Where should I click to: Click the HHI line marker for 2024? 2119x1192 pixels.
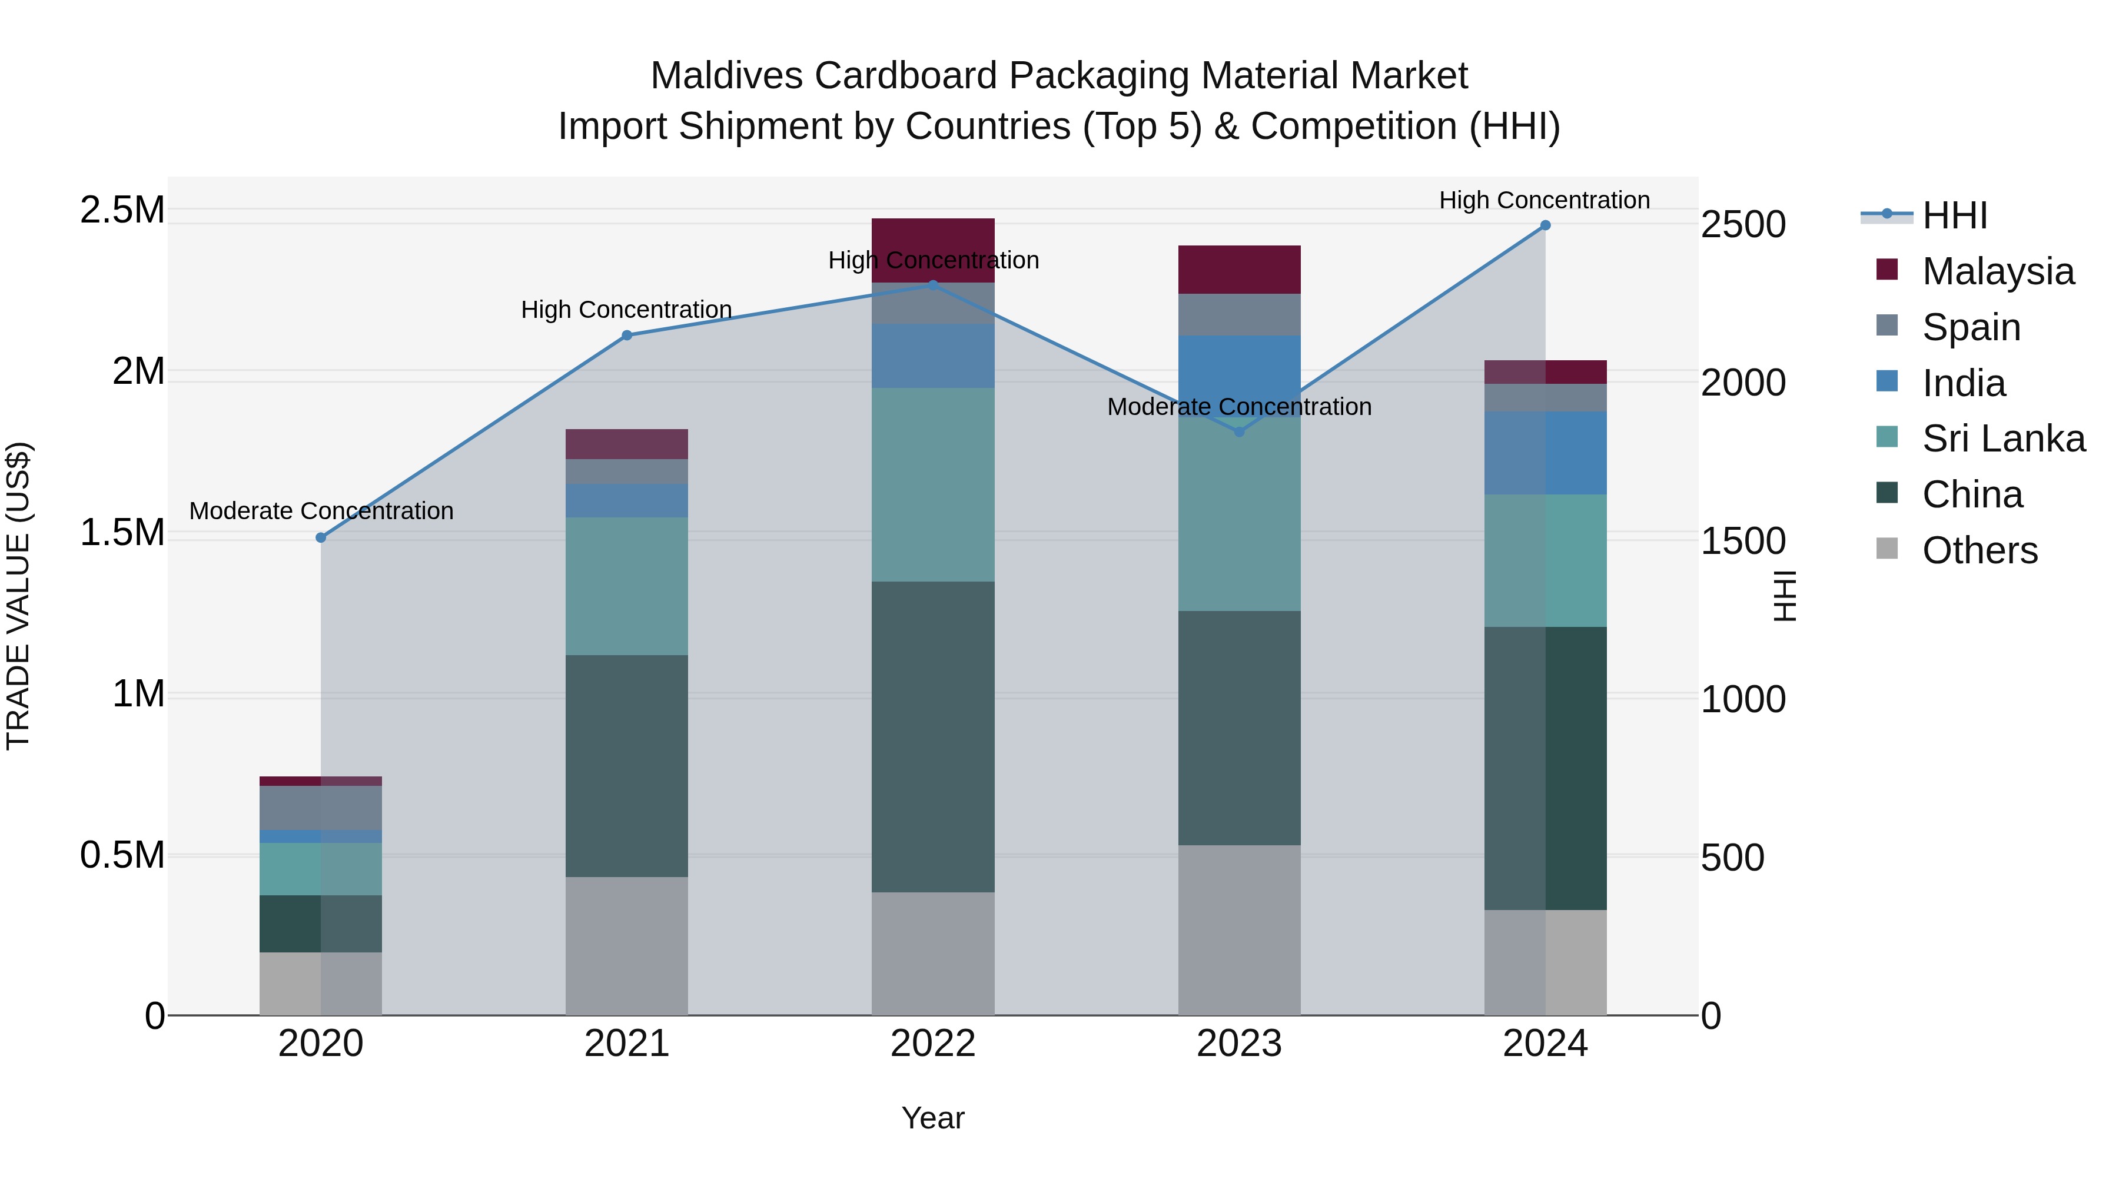(1545, 225)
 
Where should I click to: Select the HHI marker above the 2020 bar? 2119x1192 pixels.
(321, 538)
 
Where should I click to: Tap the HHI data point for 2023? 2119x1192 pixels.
(1240, 432)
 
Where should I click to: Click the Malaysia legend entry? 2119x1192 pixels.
(1997, 271)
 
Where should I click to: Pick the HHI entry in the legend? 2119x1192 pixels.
(1954, 215)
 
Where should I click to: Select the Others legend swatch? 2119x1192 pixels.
(1887, 549)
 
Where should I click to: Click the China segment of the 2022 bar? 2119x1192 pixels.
(933, 736)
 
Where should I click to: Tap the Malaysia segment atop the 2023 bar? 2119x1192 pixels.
(1239, 269)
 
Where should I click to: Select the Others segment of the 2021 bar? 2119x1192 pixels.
(627, 946)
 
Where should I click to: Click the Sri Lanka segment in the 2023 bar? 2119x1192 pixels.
(1239, 514)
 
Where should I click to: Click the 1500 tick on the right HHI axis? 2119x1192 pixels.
(1743, 542)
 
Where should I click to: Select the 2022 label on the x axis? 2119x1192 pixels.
(933, 1044)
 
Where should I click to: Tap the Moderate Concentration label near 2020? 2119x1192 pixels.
(321, 511)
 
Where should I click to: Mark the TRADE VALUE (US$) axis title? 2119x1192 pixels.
(18, 596)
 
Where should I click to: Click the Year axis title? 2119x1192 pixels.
(933, 1118)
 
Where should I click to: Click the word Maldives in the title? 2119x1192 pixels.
(726, 76)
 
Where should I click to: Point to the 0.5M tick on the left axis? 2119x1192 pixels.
(122, 855)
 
